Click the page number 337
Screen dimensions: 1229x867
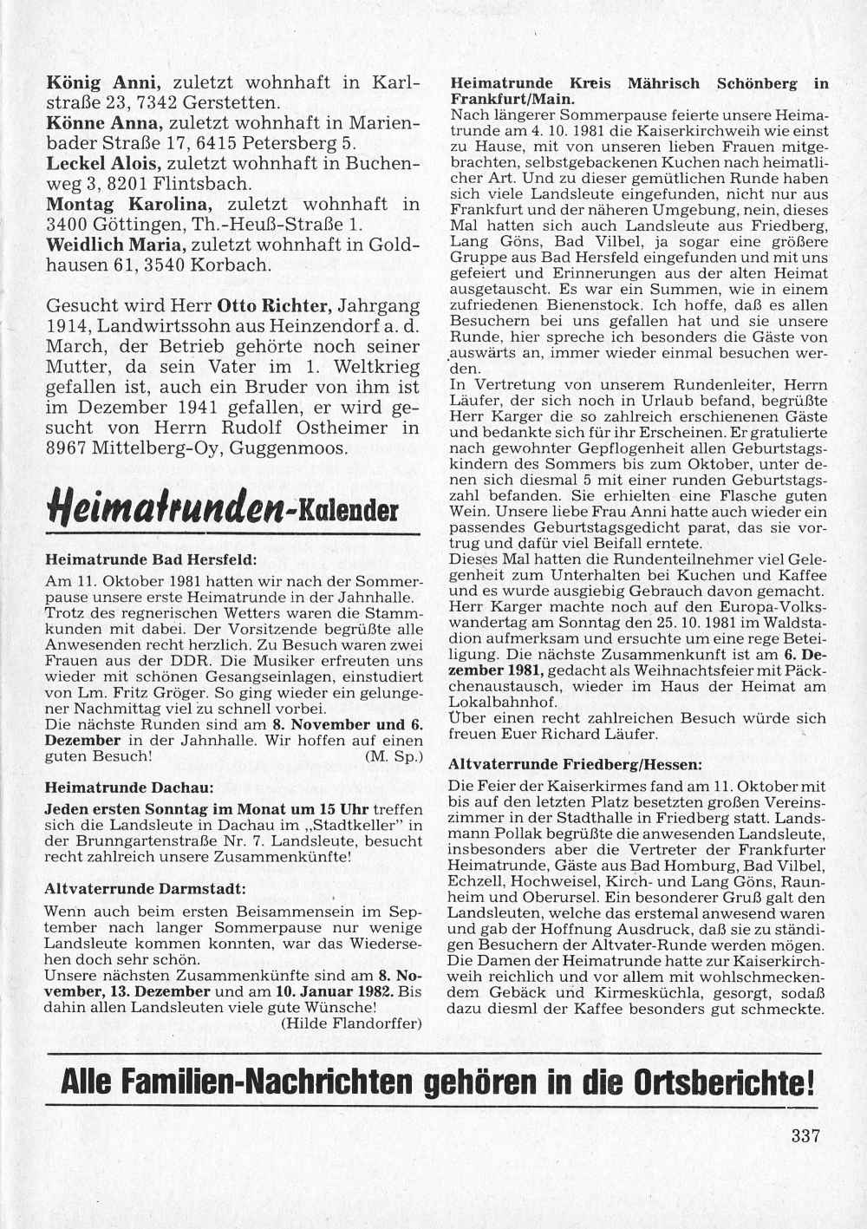(805, 1136)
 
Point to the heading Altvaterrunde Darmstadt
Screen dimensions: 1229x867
(145, 889)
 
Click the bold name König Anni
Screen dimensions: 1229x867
(103, 84)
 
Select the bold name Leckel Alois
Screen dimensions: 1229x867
(102, 164)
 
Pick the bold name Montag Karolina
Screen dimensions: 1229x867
(128, 205)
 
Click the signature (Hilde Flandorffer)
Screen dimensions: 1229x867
(351, 1023)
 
